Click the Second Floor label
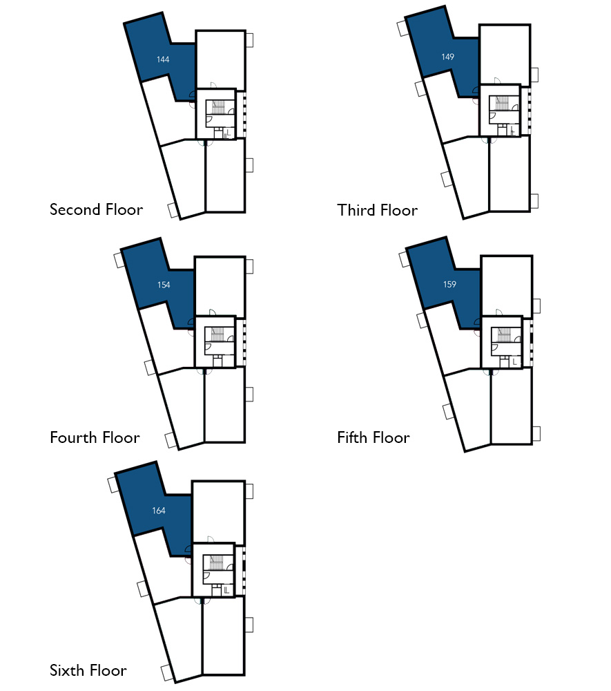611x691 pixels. point(96,209)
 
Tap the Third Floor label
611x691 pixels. point(377,210)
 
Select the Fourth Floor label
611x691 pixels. point(95,437)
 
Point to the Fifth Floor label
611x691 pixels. point(374,437)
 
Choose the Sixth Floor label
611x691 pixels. point(88,670)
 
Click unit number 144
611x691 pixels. point(163,59)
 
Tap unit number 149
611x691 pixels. point(447,57)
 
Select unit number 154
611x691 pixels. point(164,285)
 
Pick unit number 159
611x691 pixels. point(450,285)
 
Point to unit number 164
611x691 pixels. point(159,511)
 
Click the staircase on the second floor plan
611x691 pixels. point(218,107)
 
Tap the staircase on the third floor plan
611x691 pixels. point(503,103)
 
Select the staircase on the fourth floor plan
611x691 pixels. point(217,334)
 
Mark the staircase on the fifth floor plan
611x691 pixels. point(504,334)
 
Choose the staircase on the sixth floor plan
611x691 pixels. point(216,562)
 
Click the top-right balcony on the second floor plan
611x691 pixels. point(250,39)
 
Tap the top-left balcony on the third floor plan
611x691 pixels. point(403,28)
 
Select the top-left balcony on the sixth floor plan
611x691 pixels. point(113,484)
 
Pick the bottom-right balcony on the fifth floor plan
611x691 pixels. point(536,434)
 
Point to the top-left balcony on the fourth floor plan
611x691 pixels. point(119,259)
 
